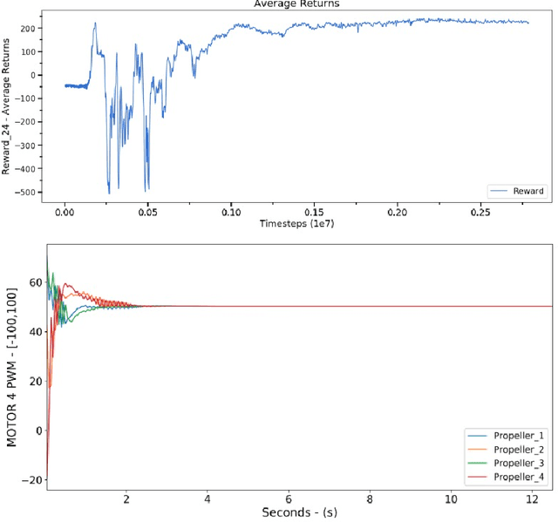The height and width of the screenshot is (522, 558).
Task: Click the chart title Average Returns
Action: point(296,4)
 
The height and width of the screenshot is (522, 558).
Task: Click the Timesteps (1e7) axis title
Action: point(297,224)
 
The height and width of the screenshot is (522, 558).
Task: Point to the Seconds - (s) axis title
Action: point(299,512)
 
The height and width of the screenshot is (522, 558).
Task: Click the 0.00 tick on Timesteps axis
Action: point(65,212)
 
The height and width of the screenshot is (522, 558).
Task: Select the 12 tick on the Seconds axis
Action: point(532,498)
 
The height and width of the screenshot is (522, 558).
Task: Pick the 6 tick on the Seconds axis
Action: point(289,498)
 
